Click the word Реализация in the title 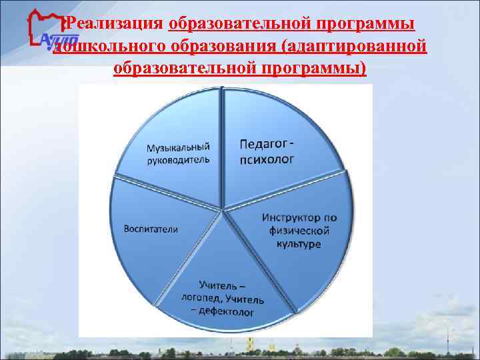click(115, 24)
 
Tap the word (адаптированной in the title click(353, 47)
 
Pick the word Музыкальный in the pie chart click(178, 147)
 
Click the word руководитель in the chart click(178, 160)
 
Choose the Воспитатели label click(151, 229)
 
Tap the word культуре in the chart click(298, 244)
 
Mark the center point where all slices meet click(222, 211)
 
